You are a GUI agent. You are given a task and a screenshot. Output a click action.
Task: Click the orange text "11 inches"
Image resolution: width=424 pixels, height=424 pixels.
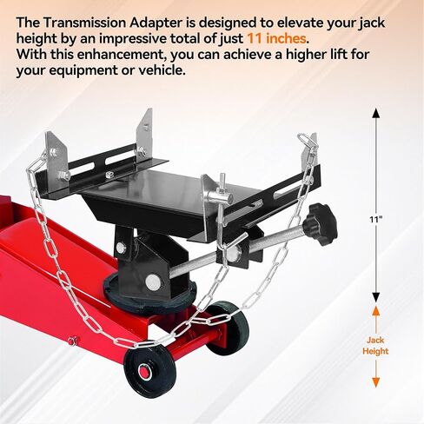(x=277, y=38)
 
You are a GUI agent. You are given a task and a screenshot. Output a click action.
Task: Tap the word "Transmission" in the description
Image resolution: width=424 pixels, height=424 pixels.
(x=83, y=23)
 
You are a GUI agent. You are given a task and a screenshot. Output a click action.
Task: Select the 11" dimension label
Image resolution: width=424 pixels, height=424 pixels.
(x=376, y=220)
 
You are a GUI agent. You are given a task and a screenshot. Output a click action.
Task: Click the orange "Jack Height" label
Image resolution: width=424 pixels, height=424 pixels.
(x=375, y=346)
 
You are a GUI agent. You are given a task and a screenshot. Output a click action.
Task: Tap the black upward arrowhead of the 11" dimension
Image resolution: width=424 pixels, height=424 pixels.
(x=376, y=113)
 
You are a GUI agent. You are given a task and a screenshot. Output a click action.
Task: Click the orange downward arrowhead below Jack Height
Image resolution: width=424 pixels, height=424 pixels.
(x=375, y=383)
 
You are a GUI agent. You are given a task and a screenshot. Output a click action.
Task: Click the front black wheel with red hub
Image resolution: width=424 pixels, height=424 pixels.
(x=149, y=372)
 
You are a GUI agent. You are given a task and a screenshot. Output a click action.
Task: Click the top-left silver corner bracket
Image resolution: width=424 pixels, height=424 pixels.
(x=56, y=156)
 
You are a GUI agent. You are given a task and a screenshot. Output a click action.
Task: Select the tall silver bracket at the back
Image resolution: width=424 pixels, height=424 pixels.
(x=145, y=134)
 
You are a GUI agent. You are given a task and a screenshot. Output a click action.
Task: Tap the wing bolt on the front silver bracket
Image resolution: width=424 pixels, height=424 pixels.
(x=224, y=189)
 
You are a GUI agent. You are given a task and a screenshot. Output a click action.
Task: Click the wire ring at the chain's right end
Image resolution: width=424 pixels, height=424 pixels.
(x=308, y=141)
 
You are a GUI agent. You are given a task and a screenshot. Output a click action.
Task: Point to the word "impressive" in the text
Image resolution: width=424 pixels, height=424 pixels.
(x=132, y=39)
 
